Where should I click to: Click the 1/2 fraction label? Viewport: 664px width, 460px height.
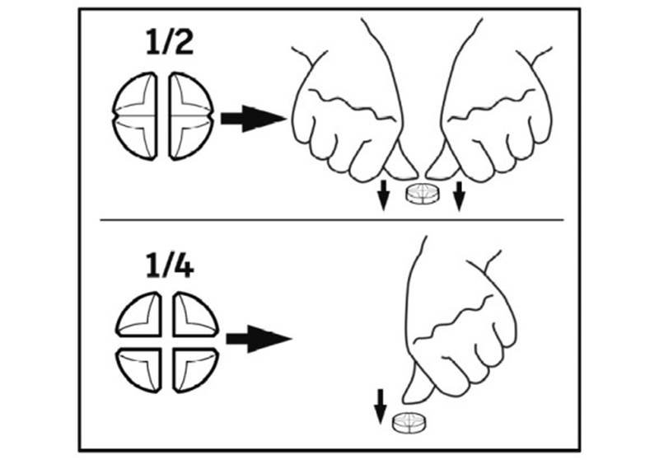[170, 42]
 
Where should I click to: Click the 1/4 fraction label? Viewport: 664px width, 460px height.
[170, 265]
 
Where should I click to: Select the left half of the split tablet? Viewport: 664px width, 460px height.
[134, 116]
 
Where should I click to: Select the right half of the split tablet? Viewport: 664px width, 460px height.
[191, 116]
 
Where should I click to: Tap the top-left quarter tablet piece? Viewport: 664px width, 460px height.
[139, 314]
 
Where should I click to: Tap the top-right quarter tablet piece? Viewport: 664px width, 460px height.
[195, 314]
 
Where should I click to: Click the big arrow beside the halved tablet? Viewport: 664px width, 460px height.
[253, 119]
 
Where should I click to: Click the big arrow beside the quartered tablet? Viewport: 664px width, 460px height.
[259, 339]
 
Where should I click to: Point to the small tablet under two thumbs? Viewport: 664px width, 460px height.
[423, 194]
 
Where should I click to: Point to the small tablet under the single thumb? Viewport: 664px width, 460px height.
[409, 422]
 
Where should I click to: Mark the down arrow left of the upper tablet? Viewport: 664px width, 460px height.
[383, 195]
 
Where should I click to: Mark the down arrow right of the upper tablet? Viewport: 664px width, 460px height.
[459, 195]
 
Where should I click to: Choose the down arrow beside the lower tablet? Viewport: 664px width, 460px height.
[381, 406]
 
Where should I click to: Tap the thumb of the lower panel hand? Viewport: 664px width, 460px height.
[417, 383]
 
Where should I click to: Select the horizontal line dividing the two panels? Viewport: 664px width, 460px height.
[331, 220]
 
